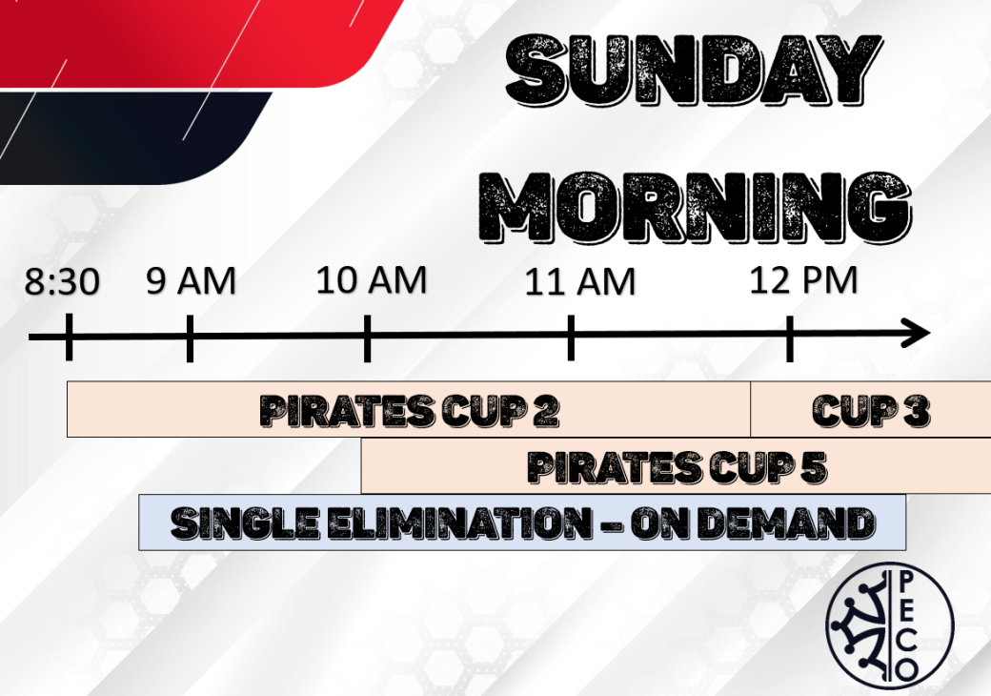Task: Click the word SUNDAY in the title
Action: click(x=694, y=70)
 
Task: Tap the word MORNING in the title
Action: click(x=695, y=207)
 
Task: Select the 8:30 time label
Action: click(x=62, y=281)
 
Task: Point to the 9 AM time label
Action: click(x=191, y=280)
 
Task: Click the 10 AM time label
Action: click(x=372, y=280)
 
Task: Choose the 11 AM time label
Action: click(x=580, y=282)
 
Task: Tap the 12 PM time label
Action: click(x=803, y=280)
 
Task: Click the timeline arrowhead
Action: click(x=917, y=333)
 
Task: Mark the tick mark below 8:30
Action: click(x=69, y=337)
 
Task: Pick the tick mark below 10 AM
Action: click(x=367, y=338)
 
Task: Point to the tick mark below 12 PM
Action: click(x=789, y=338)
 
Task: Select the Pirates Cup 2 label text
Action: click(x=410, y=411)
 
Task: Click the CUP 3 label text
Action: click(x=871, y=411)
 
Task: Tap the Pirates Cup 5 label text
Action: click(x=677, y=467)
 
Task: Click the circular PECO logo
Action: click(x=890, y=625)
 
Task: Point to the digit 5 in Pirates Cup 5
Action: click(x=814, y=467)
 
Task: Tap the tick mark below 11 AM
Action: click(x=571, y=338)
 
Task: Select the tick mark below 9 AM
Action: click(x=190, y=338)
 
